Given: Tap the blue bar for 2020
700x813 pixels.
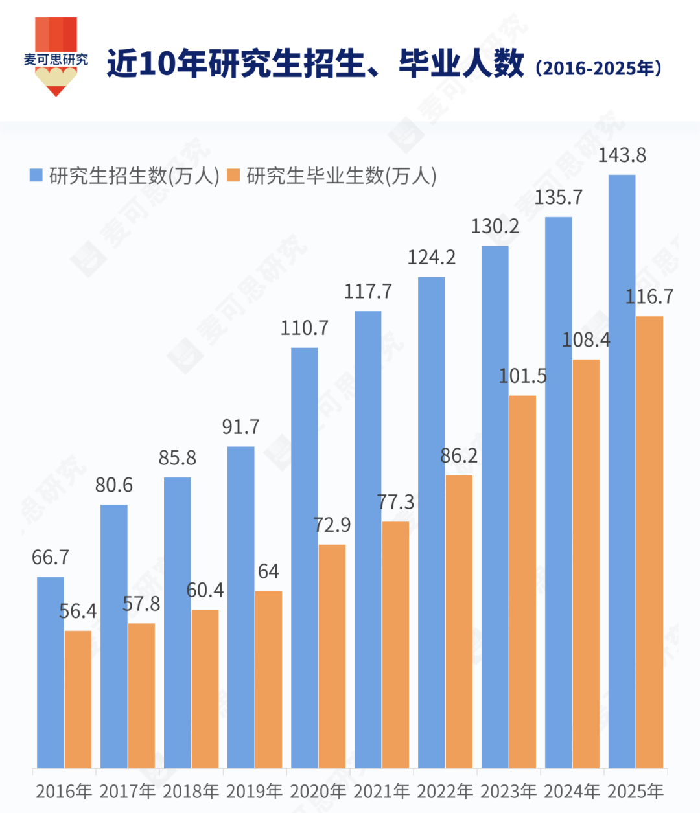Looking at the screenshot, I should pyautogui.click(x=304, y=557).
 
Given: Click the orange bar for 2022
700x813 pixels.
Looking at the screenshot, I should pyautogui.click(x=459, y=621).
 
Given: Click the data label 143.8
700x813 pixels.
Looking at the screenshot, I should pyautogui.click(x=622, y=155).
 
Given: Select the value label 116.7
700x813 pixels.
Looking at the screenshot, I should pyautogui.click(x=649, y=297).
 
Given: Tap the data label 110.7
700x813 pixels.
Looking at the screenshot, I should pyautogui.click(x=304, y=328).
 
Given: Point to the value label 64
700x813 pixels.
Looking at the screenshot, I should pyautogui.click(x=268, y=571).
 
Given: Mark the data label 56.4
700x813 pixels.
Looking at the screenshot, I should pyautogui.click(x=78, y=612).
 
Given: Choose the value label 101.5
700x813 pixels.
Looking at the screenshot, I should pyautogui.click(x=522, y=376).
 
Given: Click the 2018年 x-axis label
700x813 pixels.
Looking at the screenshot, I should pyautogui.click(x=191, y=791).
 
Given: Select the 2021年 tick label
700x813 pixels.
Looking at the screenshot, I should pyautogui.click(x=382, y=791).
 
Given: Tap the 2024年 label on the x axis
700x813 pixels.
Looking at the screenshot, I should pyautogui.click(x=572, y=791).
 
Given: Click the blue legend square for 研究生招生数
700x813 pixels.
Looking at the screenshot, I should pyautogui.click(x=36, y=176).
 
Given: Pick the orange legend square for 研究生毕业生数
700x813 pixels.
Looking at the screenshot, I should pyautogui.click(x=234, y=176).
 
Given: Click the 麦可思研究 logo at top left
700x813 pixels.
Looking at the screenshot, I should pyautogui.click(x=56, y=57).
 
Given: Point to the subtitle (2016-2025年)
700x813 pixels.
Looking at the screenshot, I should pyautogui.click(x=598, y=68).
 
